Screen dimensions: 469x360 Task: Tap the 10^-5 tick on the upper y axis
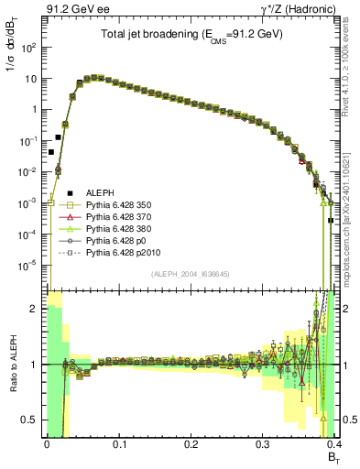(x=31, y=266)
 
